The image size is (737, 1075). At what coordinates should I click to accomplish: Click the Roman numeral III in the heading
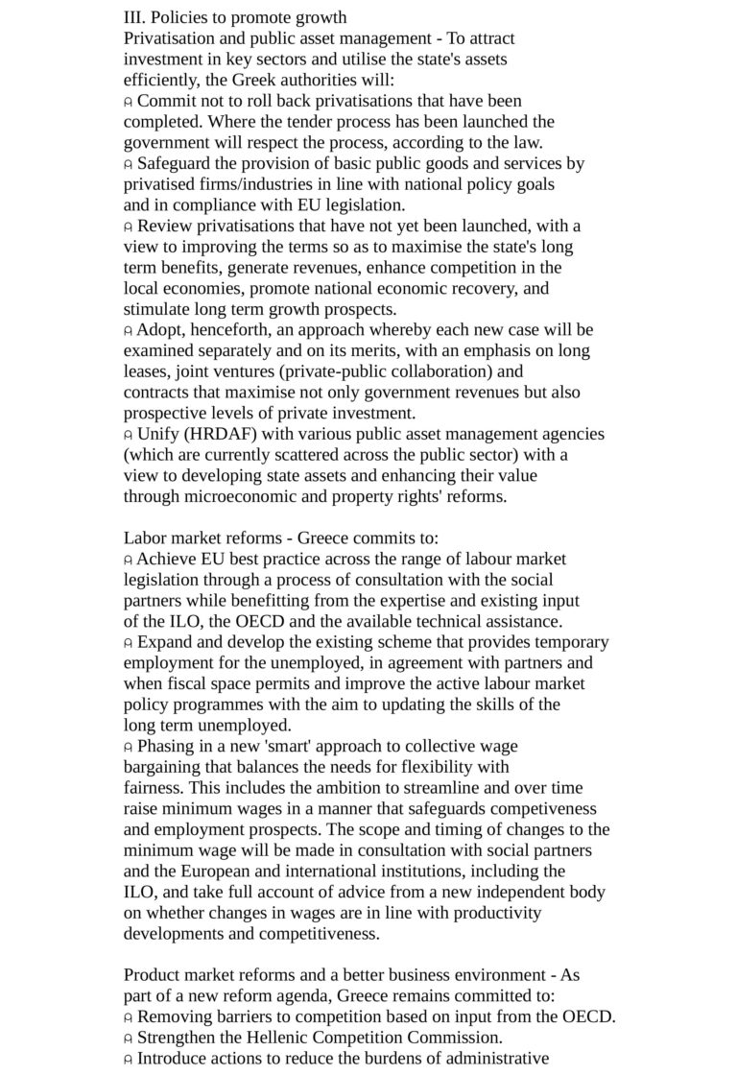coord(133,17)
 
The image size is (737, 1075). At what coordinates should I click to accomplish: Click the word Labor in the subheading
coord(145,538)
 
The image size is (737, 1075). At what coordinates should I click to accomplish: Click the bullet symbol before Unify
coord(128,435)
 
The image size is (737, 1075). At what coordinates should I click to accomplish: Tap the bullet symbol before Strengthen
coord(128,1039)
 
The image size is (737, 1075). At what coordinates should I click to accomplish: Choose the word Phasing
coord(168,746)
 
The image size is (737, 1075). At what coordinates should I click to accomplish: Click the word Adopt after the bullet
coord(160,330)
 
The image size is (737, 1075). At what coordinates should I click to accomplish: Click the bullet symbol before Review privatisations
coord(128,227)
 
